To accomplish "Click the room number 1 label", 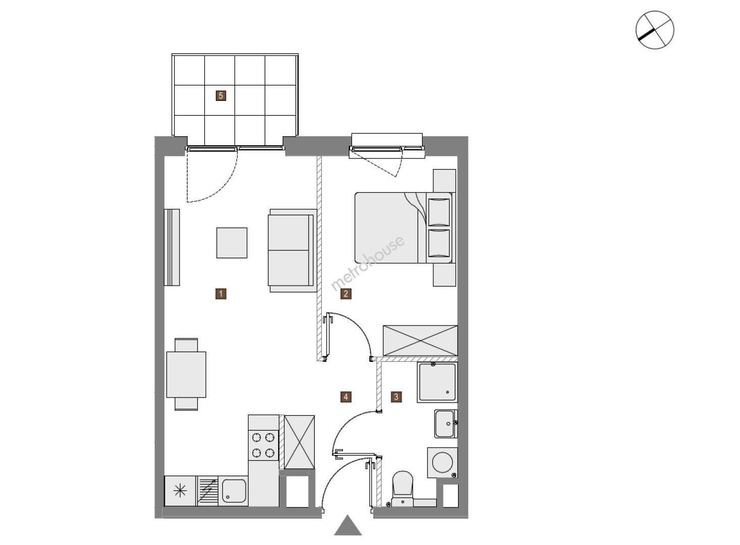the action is pyautogui.click(x=220, y=294).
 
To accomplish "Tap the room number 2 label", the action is pyautogui.click(x=346, y=294).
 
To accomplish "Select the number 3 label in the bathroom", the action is pyautogui.click(x=396, y=397).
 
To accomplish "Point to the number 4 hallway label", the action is pyautogui.click(x=346, y=397).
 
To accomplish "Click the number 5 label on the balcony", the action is pyautogui.click(x=220, y=96).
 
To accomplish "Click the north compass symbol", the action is pyautogui.click(x=655, y=30).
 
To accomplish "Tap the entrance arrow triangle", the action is pyautogui.click(x=348, y=525).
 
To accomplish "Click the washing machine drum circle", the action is pyautogui.click(x=442, y=462).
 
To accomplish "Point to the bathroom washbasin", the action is pyautogui.click(x=445, y=424).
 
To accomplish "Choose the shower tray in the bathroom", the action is pyautogui.click(x=437, y=383).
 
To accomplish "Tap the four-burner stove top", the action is pyautogui.click(x=263, y=445).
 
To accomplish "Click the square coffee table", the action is pyautogui.click(x=232, y=243).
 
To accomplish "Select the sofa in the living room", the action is pyautogui.click(x=292, y=250).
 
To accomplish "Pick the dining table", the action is pyautogui.click(x=186, y=374).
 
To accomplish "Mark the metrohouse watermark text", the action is pyautogui.click(x=368, y=263).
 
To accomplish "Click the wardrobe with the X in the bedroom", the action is pyautogui.click(x=420, y=341).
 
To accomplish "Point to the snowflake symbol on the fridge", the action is pyautogui.click(x=180, y=490).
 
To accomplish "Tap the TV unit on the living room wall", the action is pyautogui.click(x=172, y=247).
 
